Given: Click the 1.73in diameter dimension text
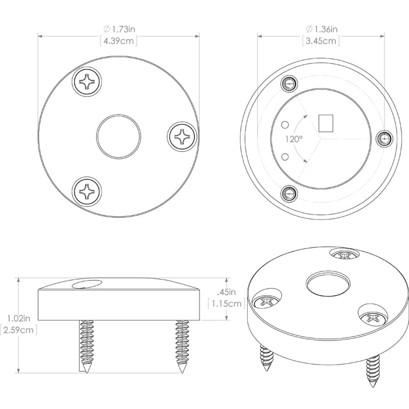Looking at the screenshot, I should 119,29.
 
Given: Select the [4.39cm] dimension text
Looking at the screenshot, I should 119,41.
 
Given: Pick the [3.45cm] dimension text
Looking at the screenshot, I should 321,41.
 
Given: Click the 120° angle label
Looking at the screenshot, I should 294,139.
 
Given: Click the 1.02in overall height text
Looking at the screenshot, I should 18,318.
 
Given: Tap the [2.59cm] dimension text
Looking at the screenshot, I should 18,330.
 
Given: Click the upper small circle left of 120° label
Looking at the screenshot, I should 286,124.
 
